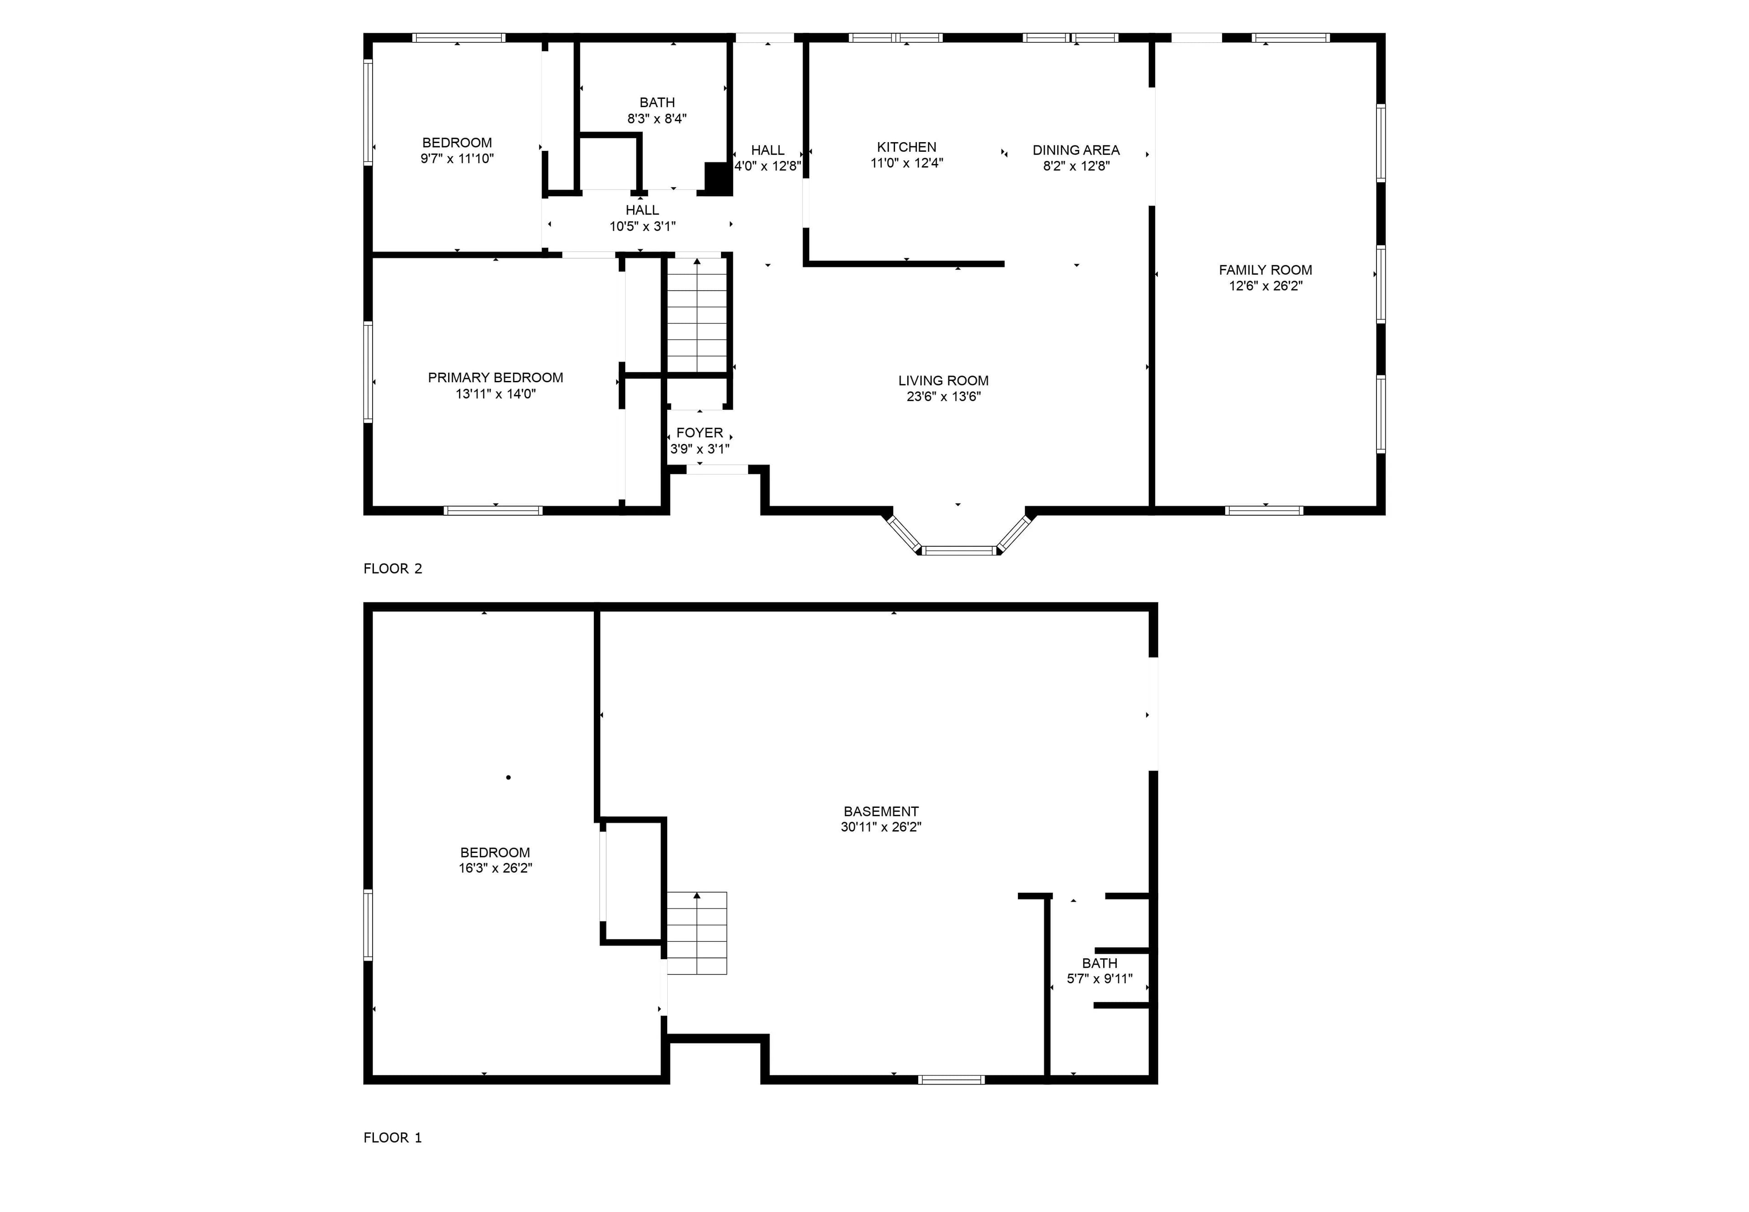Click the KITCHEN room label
pos(906,147)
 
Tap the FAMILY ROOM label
pos(1265,270)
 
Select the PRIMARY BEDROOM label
pos(496,377)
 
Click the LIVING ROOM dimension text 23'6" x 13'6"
pos(944,396)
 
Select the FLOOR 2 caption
pos(393,569)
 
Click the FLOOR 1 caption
pos(393,1138)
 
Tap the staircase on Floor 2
pos(697,315)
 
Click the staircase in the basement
pos(697,933)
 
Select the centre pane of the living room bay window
pos(959,550)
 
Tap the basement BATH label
pos(1099,963)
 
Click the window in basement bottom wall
pos(951,1079)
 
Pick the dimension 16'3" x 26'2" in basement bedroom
pos(495,868)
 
